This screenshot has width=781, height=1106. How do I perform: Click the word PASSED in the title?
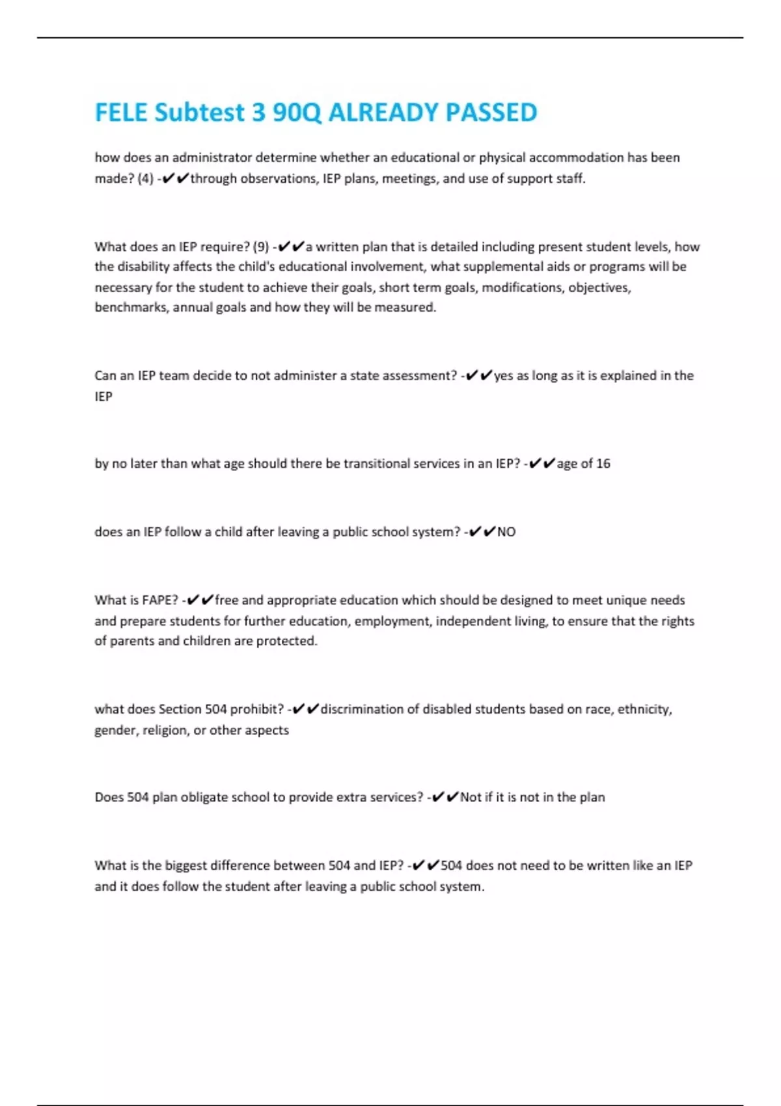(491, 113)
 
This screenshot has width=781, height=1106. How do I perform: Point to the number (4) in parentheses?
(145, 179)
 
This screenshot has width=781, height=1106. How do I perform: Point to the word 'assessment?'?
(419, 375)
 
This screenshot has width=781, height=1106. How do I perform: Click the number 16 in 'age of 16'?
(603, 464)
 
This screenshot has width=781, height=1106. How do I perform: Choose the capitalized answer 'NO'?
(506, 532)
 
